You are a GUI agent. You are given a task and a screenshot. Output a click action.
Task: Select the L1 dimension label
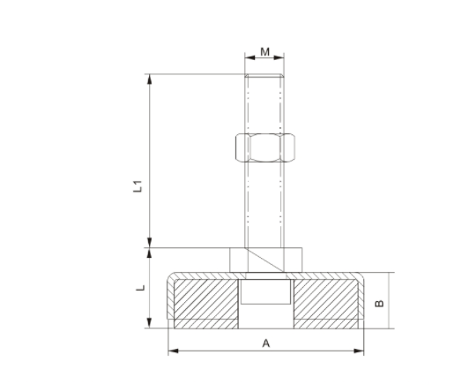pyautogui.click(x=138, y=188)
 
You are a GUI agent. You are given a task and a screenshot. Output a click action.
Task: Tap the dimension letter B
pyautogui.click(x=379, y=303)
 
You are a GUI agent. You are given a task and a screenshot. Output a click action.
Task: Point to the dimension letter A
pyautogui.click(x=265, y=343)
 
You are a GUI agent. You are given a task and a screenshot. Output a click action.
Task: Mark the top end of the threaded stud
pyautogui.click(x=265, y=80)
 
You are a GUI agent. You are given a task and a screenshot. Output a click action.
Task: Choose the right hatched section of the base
pyautogui.click(x=325, y=303)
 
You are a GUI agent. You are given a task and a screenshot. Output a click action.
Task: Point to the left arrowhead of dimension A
pyautogui.click(x=172, y=351)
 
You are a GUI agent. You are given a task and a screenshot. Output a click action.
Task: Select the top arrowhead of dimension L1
pyautogui.click(x=151, y=80)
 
